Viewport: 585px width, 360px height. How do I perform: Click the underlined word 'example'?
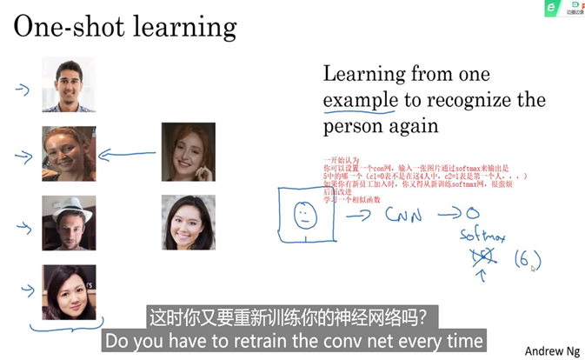pyautogui.click(x=360, y=101)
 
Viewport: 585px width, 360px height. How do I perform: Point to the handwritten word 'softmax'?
pyautogui.click(x=483, y=236)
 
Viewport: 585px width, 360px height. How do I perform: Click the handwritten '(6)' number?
pyautogui.click(x=527, y=260)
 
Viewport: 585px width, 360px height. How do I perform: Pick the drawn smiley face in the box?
pyautogui.click(x=304, y=215)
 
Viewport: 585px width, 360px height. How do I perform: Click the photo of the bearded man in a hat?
pyautogui.click(x=69, y=223)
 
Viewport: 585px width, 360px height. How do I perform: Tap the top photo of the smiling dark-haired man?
pyautogui.click(x=69, y=84)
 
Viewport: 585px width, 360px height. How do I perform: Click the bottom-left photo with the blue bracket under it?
pyautogui.click(x=69, y=292)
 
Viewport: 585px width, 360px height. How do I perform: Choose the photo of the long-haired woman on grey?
pyautogui.click(x=188, y=222)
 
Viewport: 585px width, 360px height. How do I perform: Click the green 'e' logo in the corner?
pyautogui.click(x=550, y=8)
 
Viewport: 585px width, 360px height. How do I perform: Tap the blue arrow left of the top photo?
pyautogui.click(x=22, y=89)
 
